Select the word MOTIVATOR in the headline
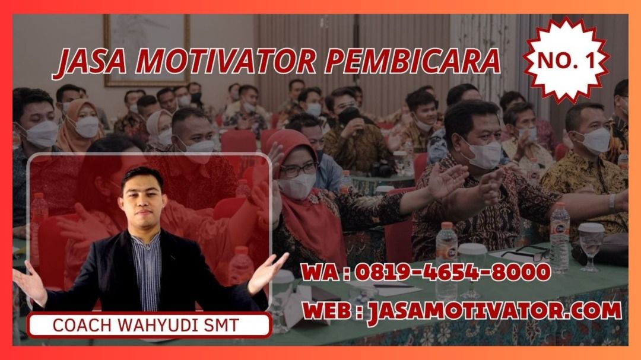pyautogui.click(x=226, y=61)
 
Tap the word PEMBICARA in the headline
pyautogui.click(x=413, y=61)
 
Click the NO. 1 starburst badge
pyautogui.click(x=566, y=60)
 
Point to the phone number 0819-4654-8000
pyautogui.click(x=452, y=272)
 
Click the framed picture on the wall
pyautogui.click(x=147, y=50)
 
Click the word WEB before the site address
pyautogui.click(x=328, y=311)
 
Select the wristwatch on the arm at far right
pyautogui.click(x=612, y=202)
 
